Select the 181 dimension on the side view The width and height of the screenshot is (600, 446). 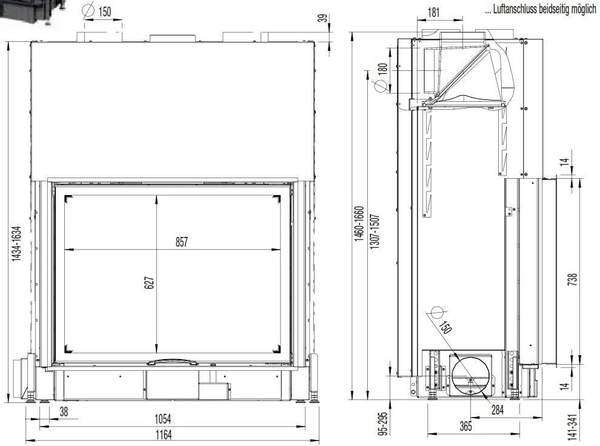tap(433, 12)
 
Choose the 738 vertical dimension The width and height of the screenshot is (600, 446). tap(572, 279)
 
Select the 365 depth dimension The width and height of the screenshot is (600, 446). tap(465, 426)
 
